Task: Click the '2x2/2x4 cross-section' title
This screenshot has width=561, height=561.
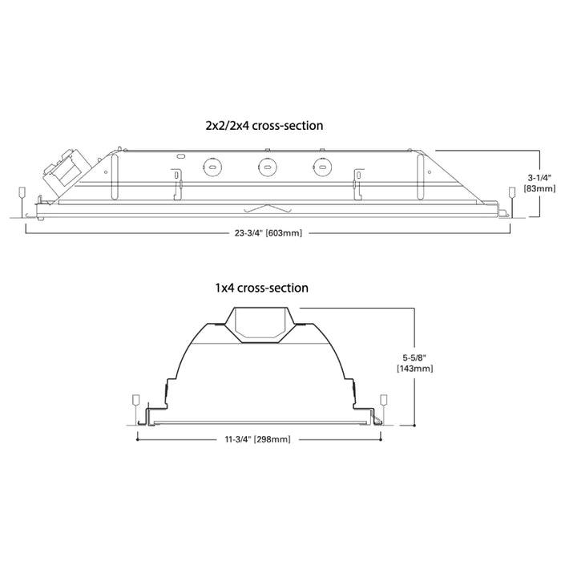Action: [264, 125]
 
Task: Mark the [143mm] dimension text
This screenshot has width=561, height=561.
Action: [416, 369]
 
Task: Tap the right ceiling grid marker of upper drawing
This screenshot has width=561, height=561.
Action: [512, 193]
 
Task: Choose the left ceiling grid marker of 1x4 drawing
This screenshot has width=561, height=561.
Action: [135, 400]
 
